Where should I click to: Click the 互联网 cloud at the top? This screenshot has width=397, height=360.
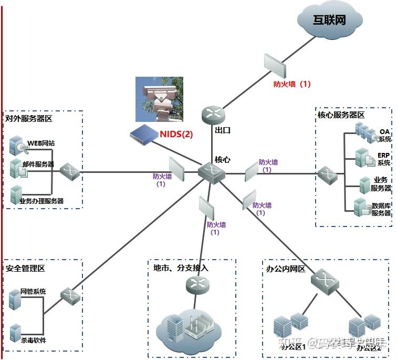pos(329,20)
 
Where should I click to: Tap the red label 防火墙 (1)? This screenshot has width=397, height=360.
pos(292,84)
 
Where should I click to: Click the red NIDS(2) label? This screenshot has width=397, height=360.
pos(176,134)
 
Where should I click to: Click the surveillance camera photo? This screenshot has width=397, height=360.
pos(159,99)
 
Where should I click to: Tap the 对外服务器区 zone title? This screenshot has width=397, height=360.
pos(29,119)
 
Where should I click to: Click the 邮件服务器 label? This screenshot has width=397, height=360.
pos(38,164)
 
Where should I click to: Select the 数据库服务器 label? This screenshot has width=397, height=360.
pos(381,209)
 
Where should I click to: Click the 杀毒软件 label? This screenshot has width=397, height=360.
pos(33,340)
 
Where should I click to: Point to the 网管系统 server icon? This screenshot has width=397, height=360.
pos(15,299)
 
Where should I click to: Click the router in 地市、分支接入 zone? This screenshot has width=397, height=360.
pos(197,284)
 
